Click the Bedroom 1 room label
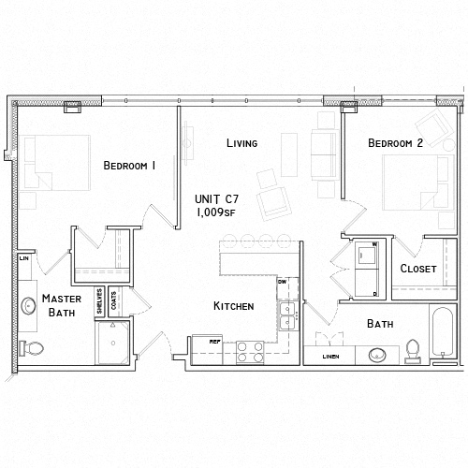coord(129,166)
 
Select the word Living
coord(241,143)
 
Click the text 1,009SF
coord(214,212)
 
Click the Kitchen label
coord(233,306)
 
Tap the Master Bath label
coord(61,305)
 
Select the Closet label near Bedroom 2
coord(418,269)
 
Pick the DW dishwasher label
coord(282,281)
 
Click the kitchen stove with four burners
coord(248,351)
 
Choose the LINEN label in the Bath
coord(329,357)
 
